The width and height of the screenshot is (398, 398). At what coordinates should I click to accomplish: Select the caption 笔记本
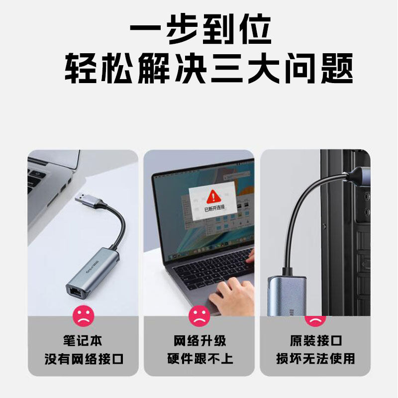pos(82,341)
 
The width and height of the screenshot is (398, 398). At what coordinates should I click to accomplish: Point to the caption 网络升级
pos(199,341)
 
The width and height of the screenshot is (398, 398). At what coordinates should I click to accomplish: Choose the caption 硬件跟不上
pos(199,358)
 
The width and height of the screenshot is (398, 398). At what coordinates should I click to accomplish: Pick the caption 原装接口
pos(315,341)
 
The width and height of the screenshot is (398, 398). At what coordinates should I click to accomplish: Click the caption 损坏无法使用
pos(315,358)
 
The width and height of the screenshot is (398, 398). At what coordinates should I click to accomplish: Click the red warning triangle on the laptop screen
pos(213,195)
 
